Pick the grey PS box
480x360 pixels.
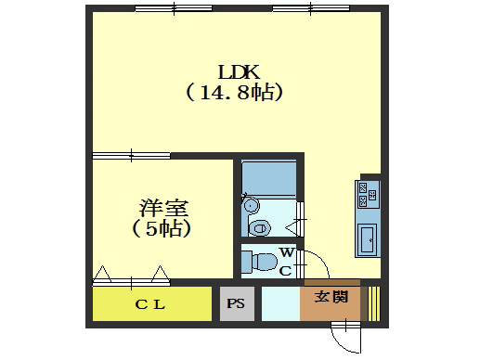click(x=236, y=304)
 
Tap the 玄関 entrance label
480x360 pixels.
click(x=331, y=299)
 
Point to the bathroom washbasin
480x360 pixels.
click(x=260, y=225)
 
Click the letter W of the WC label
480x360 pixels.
click(x=287, y=252)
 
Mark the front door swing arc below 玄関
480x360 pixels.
click(x=346, y=335)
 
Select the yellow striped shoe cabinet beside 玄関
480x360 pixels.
click(x=373, y=304)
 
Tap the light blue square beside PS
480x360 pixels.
click(x=279, y=304)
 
